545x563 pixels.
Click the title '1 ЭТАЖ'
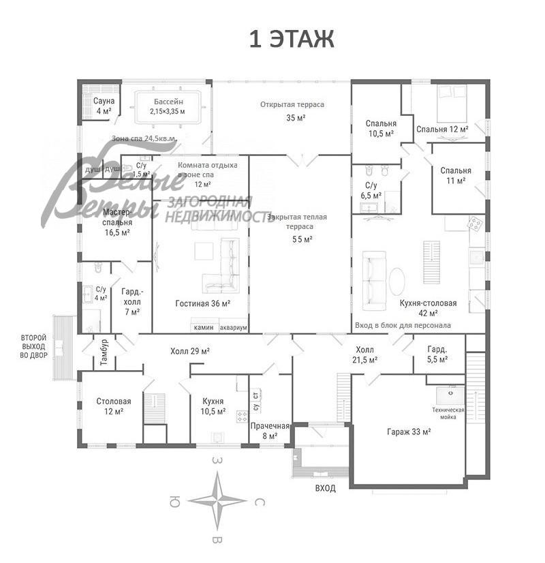tap(291, 40)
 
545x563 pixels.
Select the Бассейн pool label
tap(167, 106)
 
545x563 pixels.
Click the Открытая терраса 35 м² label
tap(292, 110)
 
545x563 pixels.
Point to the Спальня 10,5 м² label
tap(380, 128)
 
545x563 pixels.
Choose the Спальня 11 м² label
tap(456, 175)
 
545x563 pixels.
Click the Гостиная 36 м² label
tap(202, 304)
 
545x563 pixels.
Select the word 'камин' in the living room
tap(204, 328)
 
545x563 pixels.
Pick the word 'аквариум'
tap(233, 328)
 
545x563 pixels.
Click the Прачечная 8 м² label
tap(270, 431)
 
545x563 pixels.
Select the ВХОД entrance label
tap(325, 489)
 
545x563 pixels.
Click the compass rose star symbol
tap(217, 501)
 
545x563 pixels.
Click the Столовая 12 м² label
tap(113, 406)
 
